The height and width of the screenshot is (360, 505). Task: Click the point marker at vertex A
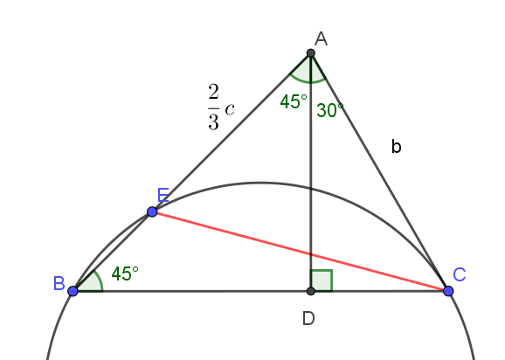[310, 53]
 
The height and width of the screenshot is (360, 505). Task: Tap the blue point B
[73, 291]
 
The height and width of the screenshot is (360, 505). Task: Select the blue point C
[448, 291]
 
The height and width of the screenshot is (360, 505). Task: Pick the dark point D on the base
[310, 291]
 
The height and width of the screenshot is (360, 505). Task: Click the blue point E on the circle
[152, 211]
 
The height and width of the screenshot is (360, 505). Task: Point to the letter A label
[322, 39]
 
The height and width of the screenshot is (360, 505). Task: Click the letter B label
[59, 284]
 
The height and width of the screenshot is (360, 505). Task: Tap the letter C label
[460, 275]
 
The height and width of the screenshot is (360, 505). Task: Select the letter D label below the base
[308, 319]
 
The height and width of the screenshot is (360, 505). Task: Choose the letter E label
[163, 195]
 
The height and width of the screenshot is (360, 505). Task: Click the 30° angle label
[330, 110]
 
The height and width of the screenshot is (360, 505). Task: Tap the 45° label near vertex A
[294, 101]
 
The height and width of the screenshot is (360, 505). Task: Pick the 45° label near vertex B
[125, 274]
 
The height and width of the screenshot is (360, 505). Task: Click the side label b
[396, 147]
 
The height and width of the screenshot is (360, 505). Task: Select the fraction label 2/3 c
[221, 107]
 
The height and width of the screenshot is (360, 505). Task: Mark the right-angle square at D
[322, 280]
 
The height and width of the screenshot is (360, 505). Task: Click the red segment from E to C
[301, 252]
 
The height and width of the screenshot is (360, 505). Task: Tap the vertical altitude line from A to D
[310, 172]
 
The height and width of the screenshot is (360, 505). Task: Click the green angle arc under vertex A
[310, 82]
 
